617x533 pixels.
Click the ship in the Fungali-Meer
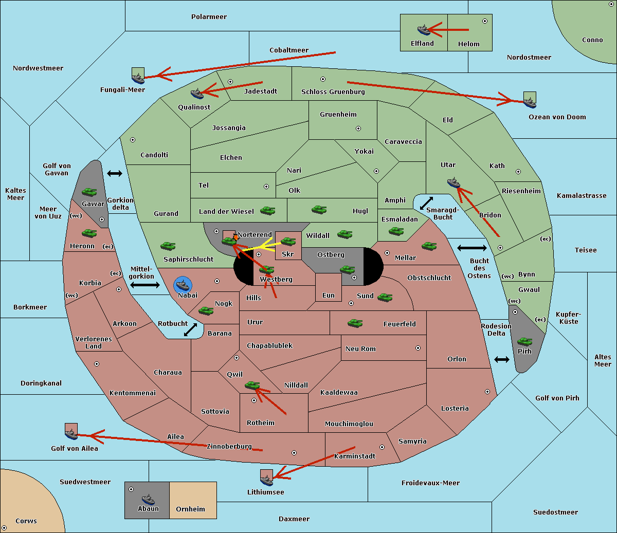(138, 79)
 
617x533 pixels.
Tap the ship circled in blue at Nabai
(183, 285)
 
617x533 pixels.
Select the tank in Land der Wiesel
(267, 210)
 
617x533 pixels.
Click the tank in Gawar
(89, 192)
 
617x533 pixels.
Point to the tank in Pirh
(524, 341)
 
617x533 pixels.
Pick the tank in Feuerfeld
(355, 323)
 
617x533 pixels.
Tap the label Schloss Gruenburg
(333, 91)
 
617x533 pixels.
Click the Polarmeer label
(209, 17)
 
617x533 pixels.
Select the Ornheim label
(190, 509)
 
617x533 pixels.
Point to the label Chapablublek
(269, 345)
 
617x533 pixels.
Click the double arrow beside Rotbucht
(190, 329)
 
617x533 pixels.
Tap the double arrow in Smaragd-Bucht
(426, 203)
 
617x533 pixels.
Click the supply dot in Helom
(485, 21)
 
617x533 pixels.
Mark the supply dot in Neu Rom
(418, 348)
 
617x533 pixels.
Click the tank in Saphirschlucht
(168, 246)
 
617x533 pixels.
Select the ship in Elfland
(424, 30)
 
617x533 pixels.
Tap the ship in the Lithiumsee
(266, 481)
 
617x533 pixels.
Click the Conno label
(592, 40)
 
